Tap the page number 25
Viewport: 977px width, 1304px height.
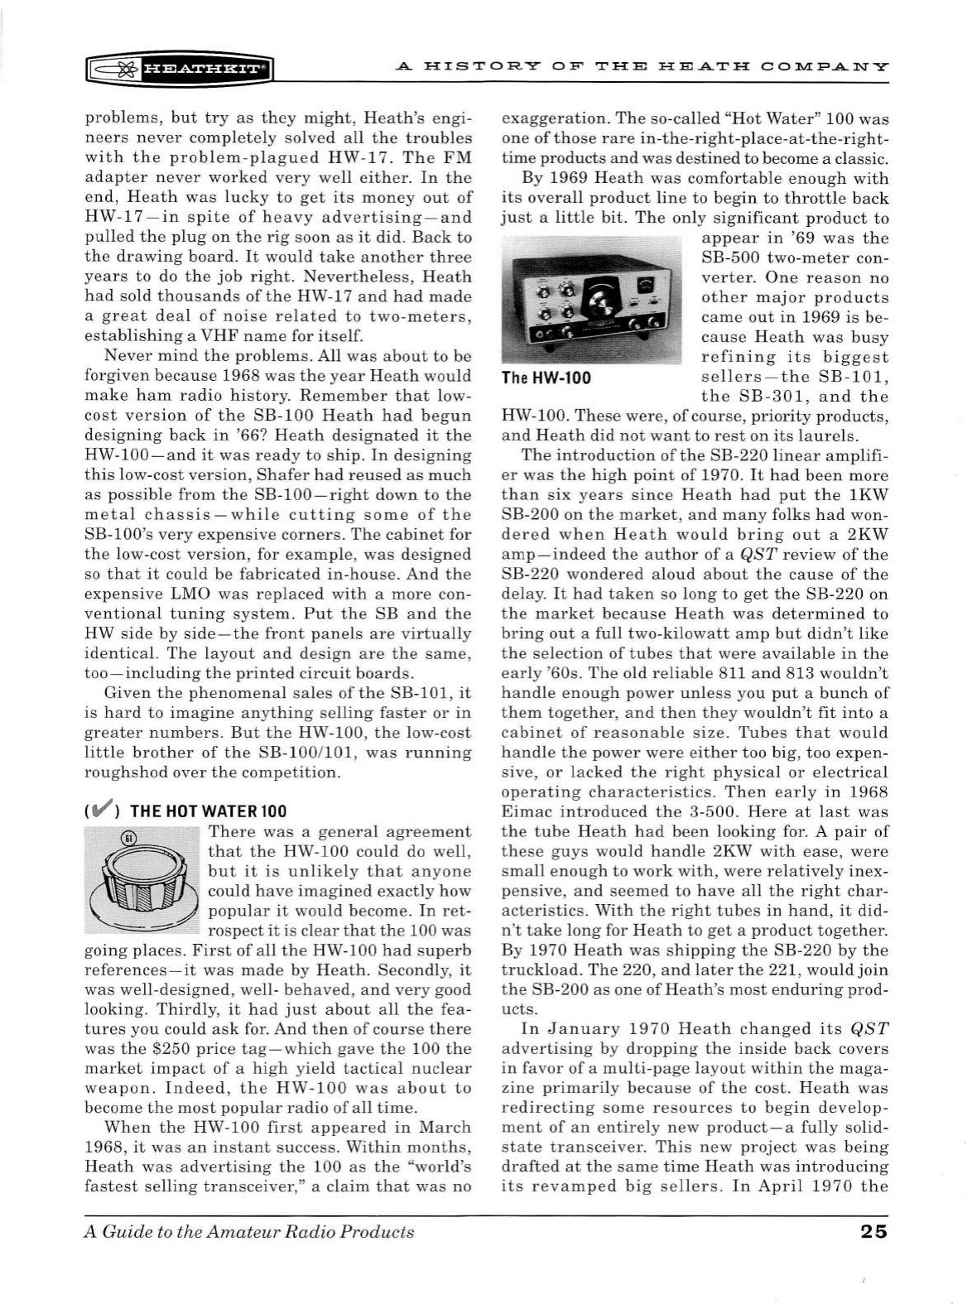873,1231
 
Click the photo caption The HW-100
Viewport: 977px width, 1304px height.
546,378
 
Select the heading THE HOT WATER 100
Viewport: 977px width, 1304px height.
208,811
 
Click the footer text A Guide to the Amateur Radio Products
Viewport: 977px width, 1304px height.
249,1231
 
